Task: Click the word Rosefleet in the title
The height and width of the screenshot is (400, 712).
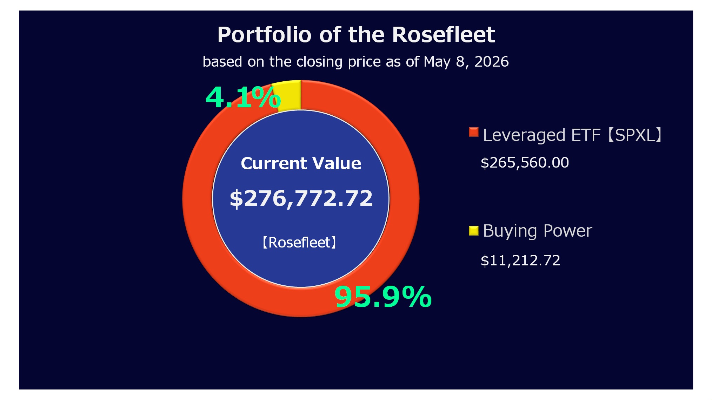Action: click(443, 34)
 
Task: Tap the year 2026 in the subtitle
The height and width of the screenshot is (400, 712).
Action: click(491, 62)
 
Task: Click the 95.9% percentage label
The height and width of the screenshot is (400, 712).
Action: click(383, 297)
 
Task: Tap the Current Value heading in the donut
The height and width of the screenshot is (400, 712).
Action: click(301, 163)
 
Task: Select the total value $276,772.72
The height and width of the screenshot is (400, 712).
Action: click(301, 198)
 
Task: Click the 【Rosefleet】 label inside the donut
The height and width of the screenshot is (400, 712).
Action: click(299, 242)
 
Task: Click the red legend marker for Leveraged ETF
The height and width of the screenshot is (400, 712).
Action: click(473, 132)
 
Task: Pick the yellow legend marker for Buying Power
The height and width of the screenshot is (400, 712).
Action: click(473, 231)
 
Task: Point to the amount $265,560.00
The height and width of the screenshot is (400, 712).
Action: click(525, 163)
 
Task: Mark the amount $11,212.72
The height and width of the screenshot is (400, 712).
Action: click(520, 260)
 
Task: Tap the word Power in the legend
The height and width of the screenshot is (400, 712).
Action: click(567, 231)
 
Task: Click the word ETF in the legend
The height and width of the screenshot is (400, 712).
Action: click(586, 135)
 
